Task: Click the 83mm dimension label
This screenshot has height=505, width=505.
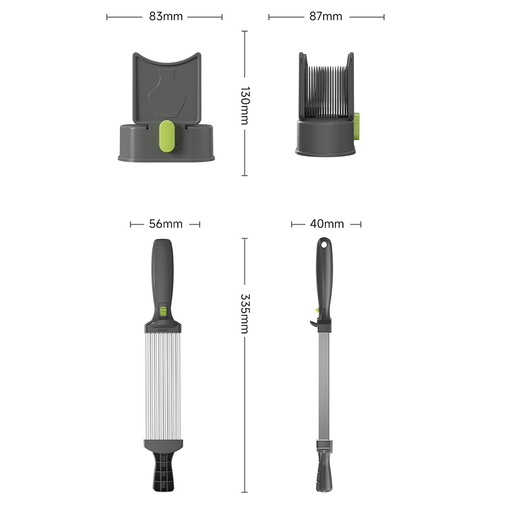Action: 166,17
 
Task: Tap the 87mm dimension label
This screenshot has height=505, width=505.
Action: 326,17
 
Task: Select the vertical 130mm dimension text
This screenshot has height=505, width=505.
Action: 245,106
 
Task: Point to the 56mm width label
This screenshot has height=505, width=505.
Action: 166,224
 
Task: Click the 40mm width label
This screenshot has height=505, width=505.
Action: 327,224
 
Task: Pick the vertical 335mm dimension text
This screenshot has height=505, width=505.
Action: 245,314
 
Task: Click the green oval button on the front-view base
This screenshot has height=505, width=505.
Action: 167,136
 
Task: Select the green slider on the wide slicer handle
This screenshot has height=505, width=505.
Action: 163,312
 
